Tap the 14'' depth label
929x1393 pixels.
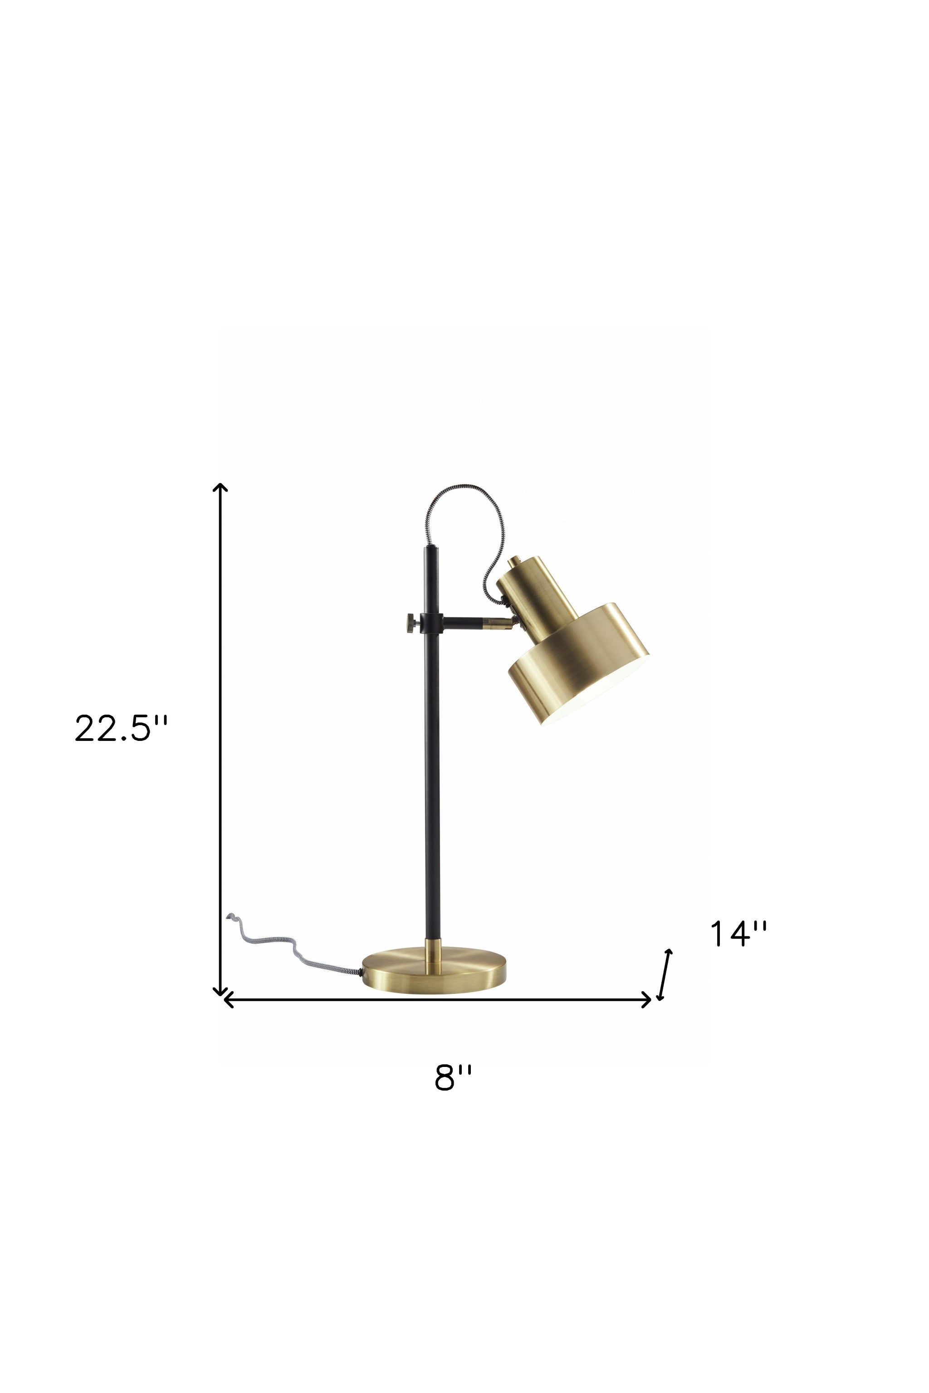pos(738,934)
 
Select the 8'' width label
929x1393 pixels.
pos(453,1077)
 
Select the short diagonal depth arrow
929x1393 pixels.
pos(665,975)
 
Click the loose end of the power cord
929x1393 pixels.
pos(231,917)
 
